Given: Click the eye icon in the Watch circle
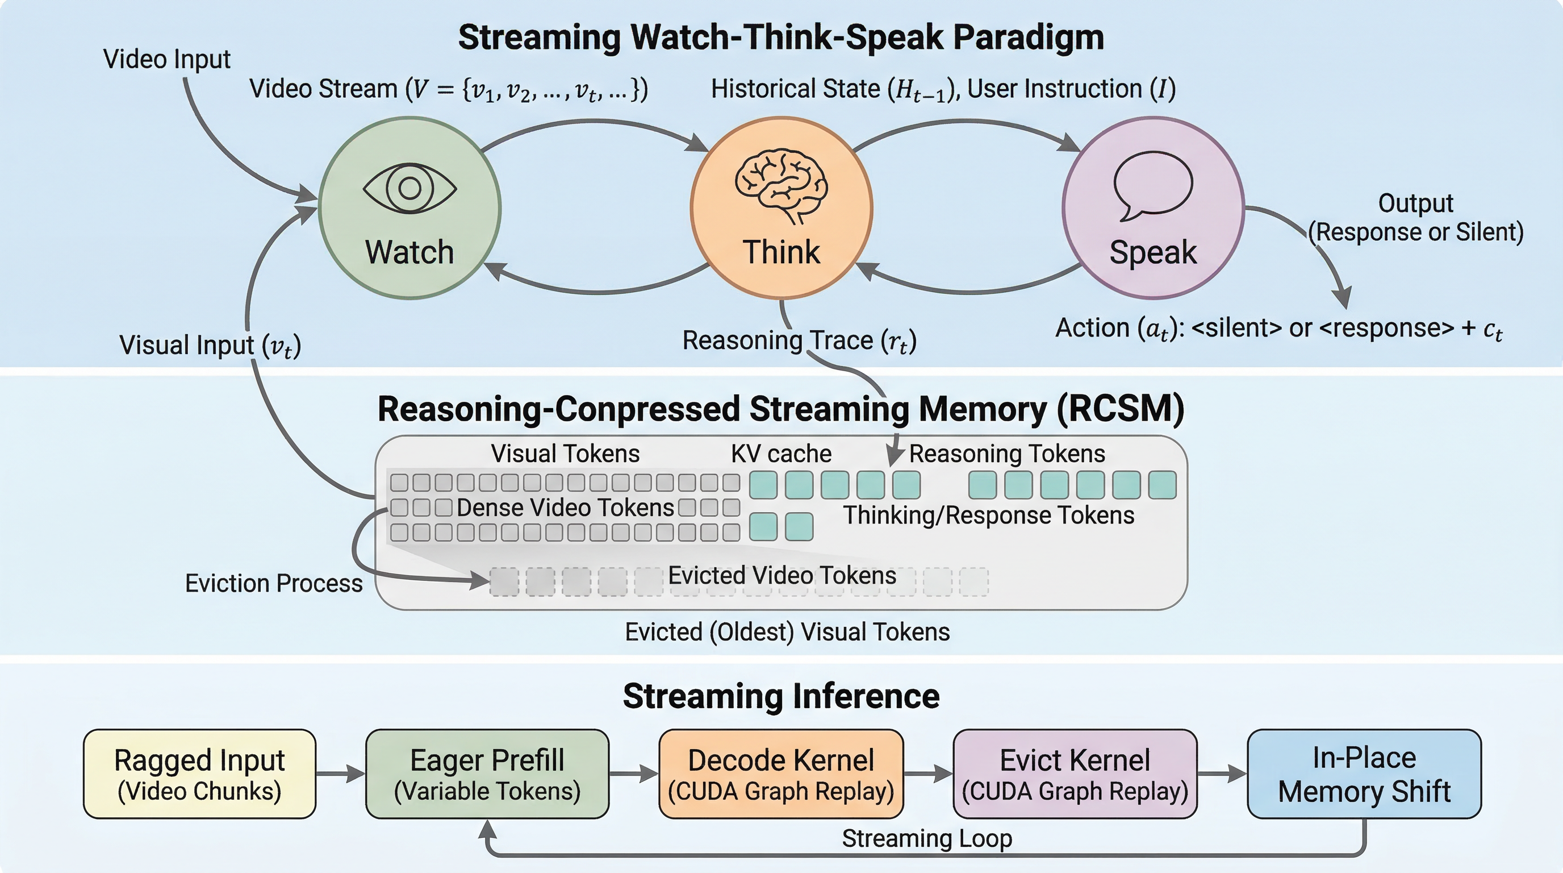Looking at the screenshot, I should tap(409, 188).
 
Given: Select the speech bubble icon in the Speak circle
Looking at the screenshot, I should tap(1153, 185).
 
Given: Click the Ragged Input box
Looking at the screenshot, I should tap(199, 774).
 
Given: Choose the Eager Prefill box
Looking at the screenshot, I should tap(487, 774).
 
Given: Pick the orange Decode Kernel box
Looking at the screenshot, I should tap(781, 774).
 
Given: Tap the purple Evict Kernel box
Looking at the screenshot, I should tap(1075, 774).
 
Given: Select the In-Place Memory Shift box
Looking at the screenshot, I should tap(1364, 774).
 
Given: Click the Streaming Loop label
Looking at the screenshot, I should tap(926, 838).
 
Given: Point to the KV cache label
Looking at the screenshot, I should tap(781, 454).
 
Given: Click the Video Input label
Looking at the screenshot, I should tap(167, 59).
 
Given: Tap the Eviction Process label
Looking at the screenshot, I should tap(274, 583).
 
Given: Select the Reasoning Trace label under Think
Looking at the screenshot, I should tap(799, 340).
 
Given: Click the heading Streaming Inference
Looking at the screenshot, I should tap(781, 696).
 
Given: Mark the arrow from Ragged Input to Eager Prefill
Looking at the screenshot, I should tap(340, 774).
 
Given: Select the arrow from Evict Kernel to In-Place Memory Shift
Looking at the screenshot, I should tap(1222, 774).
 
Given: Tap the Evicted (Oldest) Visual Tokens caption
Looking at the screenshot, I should tap(787, 632).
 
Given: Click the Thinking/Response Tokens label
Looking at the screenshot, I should tap(988, 515).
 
